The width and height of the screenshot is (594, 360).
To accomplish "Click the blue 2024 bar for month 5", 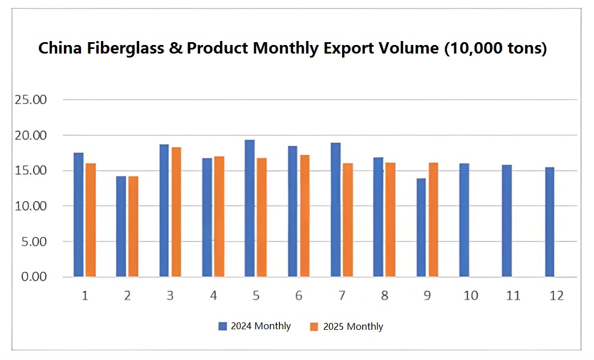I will coord(250,208).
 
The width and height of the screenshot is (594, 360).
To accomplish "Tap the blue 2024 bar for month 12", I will coord(550,222).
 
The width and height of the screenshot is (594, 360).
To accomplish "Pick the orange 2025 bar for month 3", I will coord(176,212).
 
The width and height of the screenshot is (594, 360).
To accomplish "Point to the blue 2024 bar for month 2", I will coord(121,227).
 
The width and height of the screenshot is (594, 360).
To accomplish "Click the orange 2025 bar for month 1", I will coord(91,220).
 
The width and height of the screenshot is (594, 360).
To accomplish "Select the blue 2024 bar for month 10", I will coord(464,220).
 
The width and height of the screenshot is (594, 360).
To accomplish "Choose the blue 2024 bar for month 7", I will coord(336,210).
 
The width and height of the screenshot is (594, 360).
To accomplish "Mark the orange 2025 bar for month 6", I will coord(304,216).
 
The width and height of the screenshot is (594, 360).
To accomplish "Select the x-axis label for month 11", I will coord(513,296).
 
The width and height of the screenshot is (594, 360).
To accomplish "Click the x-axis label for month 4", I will coord(213,296).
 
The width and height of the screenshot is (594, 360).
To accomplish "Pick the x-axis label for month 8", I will coord(385,296).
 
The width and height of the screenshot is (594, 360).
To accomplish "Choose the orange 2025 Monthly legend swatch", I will coord(314,327).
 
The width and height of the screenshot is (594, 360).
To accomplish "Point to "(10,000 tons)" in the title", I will coord(495,48).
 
